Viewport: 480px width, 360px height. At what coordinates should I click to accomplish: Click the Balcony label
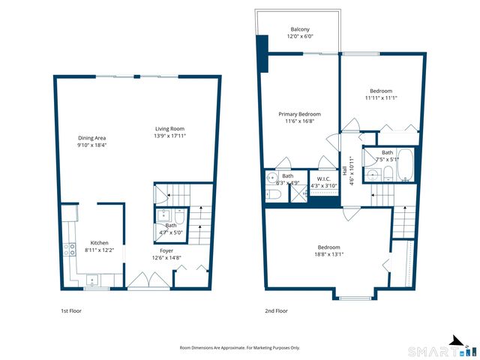pyautogui.click(x=300, y=29)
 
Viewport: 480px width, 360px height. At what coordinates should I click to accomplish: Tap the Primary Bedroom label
pyautogui.click(x=300, y=114)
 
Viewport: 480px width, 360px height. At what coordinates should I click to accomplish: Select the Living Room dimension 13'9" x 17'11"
pyautogui.click(x=170, y=136)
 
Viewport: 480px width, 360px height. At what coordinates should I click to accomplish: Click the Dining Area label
pyautogui.click(x=91, y=138)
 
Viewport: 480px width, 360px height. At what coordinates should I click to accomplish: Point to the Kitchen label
pyautogui.click(x=100, y=243)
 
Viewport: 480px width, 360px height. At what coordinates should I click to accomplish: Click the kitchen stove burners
pyautogui.click(x=69, y=249)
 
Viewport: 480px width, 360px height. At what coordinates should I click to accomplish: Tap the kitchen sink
pyautogui.click(x=92, y=280)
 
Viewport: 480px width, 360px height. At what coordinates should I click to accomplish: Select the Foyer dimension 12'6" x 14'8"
pyautogui.click(x=166, y=258)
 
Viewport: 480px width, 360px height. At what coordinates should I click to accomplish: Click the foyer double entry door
pyautogui.click(x=148, y=280)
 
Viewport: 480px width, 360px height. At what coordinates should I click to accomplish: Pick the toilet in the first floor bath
pyautogui.click(x=179, y=217)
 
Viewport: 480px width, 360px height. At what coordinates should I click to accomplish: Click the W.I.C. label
pyautogui.click(x=324, y=178)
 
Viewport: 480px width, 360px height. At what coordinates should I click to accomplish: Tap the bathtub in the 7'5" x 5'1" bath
pyautogui.click(x=405, y=165)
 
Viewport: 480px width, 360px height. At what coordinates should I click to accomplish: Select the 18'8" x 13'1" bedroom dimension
pyautogui.click(x=328, y=254)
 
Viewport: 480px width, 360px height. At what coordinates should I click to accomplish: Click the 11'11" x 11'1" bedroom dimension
pyautogui.click(x=381, y=98)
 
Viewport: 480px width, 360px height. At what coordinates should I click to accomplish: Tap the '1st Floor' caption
pyautogui.click(x=71, y=310)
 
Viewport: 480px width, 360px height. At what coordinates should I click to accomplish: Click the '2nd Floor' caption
pyautogui.click(x=277, y=310)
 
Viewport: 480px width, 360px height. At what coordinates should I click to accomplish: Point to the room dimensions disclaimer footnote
pyautogui.click(x=240, y=348)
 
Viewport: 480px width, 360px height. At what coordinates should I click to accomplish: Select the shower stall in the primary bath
pyautogui.click(x=298, y=193)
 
